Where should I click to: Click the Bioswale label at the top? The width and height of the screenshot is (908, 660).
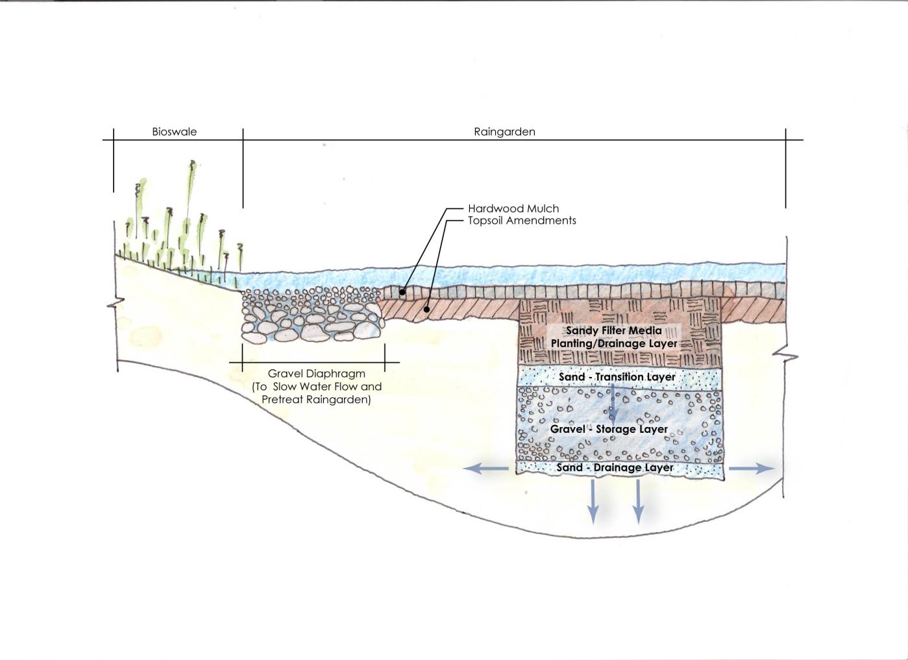click(174, 132)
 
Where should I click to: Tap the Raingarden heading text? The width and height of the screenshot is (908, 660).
click(504, 132)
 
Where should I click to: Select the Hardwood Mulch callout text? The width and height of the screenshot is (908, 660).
click(513, 209)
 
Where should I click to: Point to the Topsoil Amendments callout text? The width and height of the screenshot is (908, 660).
click(522, 221)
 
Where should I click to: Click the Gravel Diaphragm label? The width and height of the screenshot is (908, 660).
click(316, 374)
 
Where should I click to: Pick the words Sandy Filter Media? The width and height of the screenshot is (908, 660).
click(613, 331)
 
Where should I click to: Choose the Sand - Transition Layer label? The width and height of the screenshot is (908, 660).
click(617, 377)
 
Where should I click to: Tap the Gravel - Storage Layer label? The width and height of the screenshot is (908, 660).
click(609, 430)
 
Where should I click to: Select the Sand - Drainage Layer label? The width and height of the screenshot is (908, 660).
click(615, 468)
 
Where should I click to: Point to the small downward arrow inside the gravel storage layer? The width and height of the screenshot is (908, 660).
click(611, 402)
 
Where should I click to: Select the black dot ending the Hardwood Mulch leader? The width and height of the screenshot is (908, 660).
click(402, 292)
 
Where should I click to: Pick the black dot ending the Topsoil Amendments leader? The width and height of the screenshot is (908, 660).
click(426, 310)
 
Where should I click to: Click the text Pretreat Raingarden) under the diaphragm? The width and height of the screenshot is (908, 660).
click(316, 400)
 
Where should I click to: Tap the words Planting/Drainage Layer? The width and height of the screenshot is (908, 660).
click(613, 343)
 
